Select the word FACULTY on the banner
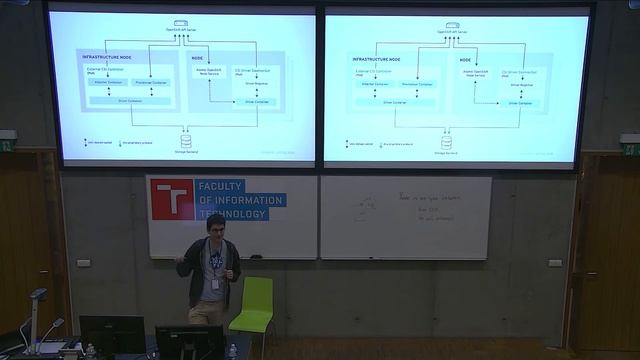(224, 187)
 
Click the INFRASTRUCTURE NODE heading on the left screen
(107, 58)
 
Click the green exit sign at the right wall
(630, 150)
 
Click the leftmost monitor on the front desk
(111, 332)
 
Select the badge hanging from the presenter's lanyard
(215, 283)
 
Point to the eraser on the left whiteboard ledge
(256, 256)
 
